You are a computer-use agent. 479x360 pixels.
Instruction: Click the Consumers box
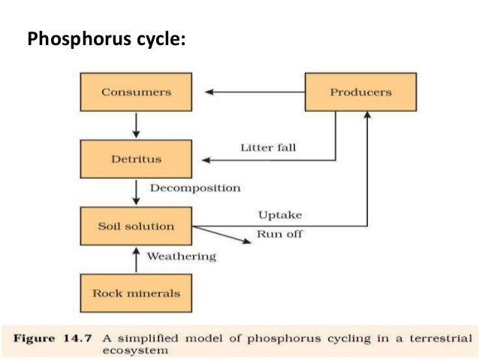coord(136,92)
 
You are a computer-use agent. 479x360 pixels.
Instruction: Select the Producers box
coord(360,92)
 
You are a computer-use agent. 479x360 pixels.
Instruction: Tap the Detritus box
coord(136,159)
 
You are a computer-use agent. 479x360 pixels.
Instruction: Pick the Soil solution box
coord(136,226)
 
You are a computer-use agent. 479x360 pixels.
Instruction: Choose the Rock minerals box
coord(136,293)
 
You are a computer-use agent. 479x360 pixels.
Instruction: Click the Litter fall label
coord(268,147)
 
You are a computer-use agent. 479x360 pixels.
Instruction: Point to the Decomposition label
coord(195,188)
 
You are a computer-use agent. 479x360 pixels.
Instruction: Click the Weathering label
coord(181,256)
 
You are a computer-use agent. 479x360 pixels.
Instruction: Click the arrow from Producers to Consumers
coord(255,92)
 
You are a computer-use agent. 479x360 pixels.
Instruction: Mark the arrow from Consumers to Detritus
coord(136,125)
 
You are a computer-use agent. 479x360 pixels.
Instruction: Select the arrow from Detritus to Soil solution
coord(136,192)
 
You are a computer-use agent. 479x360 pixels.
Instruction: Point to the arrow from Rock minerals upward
coord(136,259)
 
